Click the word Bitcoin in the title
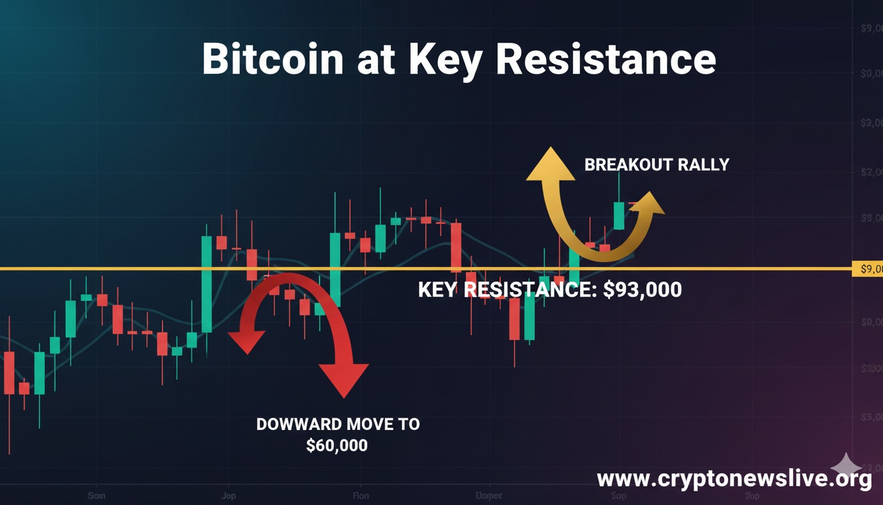272,60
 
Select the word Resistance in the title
606,60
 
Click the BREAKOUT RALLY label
656,164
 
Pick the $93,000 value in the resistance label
642,289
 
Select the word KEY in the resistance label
438,289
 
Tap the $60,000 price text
337,445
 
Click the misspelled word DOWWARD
296,424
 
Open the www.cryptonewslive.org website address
734,479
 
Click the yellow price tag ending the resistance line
866,268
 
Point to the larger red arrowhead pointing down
344,379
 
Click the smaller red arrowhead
246,341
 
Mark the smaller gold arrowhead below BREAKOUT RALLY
650,203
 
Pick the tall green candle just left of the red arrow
206,283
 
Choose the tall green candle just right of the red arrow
335,269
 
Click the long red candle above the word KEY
455,247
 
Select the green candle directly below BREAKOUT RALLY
618,216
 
